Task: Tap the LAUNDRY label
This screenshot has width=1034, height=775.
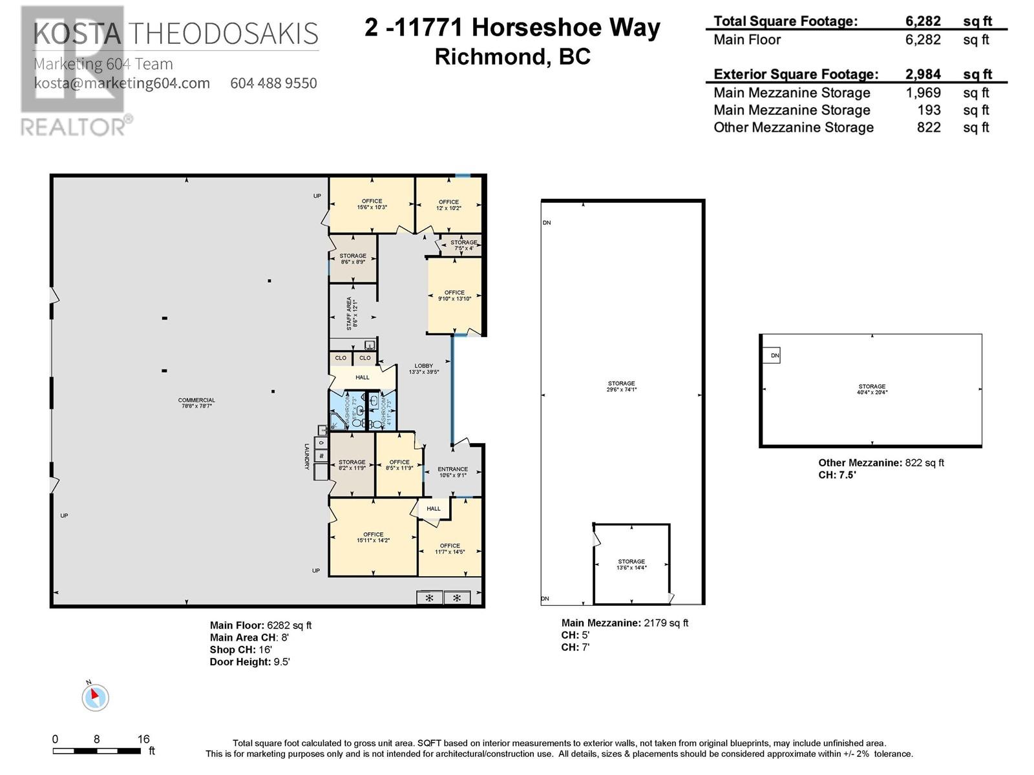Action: click(308, 456)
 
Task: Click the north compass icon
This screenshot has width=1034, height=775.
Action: click(95, 696)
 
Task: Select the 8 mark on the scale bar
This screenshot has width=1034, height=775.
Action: click(96, 739)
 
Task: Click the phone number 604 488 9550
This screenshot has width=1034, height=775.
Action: click(273, 83)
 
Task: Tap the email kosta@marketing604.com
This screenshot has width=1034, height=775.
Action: click(121, 83)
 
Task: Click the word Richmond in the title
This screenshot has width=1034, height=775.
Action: click(489, 57)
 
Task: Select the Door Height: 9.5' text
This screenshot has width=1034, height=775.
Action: click(249, 661)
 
